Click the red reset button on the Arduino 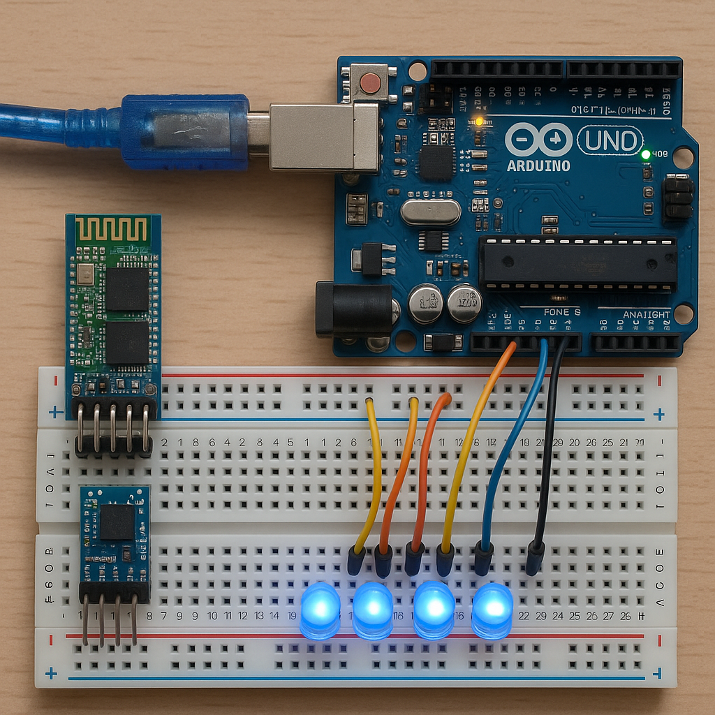pos(370,84)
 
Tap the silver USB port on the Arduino pos(323,137)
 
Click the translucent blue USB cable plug pos(185,132)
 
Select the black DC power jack pos(353,309)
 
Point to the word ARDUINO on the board pos(538,165)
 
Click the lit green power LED pos(646,154)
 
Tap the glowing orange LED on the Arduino pos(479,121)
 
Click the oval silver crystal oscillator pos(431,212)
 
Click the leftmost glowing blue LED pos(320,609)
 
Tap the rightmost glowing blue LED pos(492,610)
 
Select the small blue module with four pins pos(115,534)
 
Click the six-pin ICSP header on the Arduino pos(677,198)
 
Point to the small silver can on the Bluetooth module pos(86,273)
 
